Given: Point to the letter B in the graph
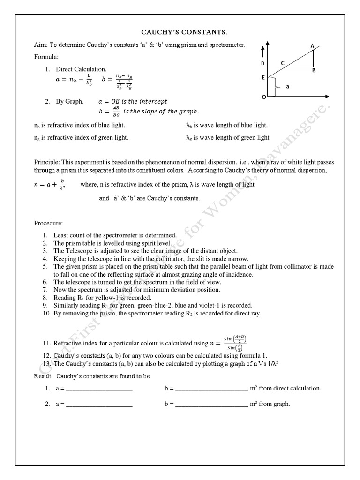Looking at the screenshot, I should (314, 70).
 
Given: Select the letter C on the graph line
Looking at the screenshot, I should (283, 62).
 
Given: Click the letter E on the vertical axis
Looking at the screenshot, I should (263, 78).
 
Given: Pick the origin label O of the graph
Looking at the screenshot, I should (263, 97).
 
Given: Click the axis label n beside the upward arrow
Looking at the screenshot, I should (263, 62).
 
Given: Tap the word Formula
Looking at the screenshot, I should (46, 57).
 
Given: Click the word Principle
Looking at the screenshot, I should (47, 162).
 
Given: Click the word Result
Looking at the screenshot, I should (44, 376).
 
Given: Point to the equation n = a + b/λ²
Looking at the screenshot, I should (49, 184).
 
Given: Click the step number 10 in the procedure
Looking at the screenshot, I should (46, 313).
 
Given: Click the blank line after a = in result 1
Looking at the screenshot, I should (99, 389).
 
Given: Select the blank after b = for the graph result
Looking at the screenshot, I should (211, 404).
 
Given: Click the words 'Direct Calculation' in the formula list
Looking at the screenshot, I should (81, 69).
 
